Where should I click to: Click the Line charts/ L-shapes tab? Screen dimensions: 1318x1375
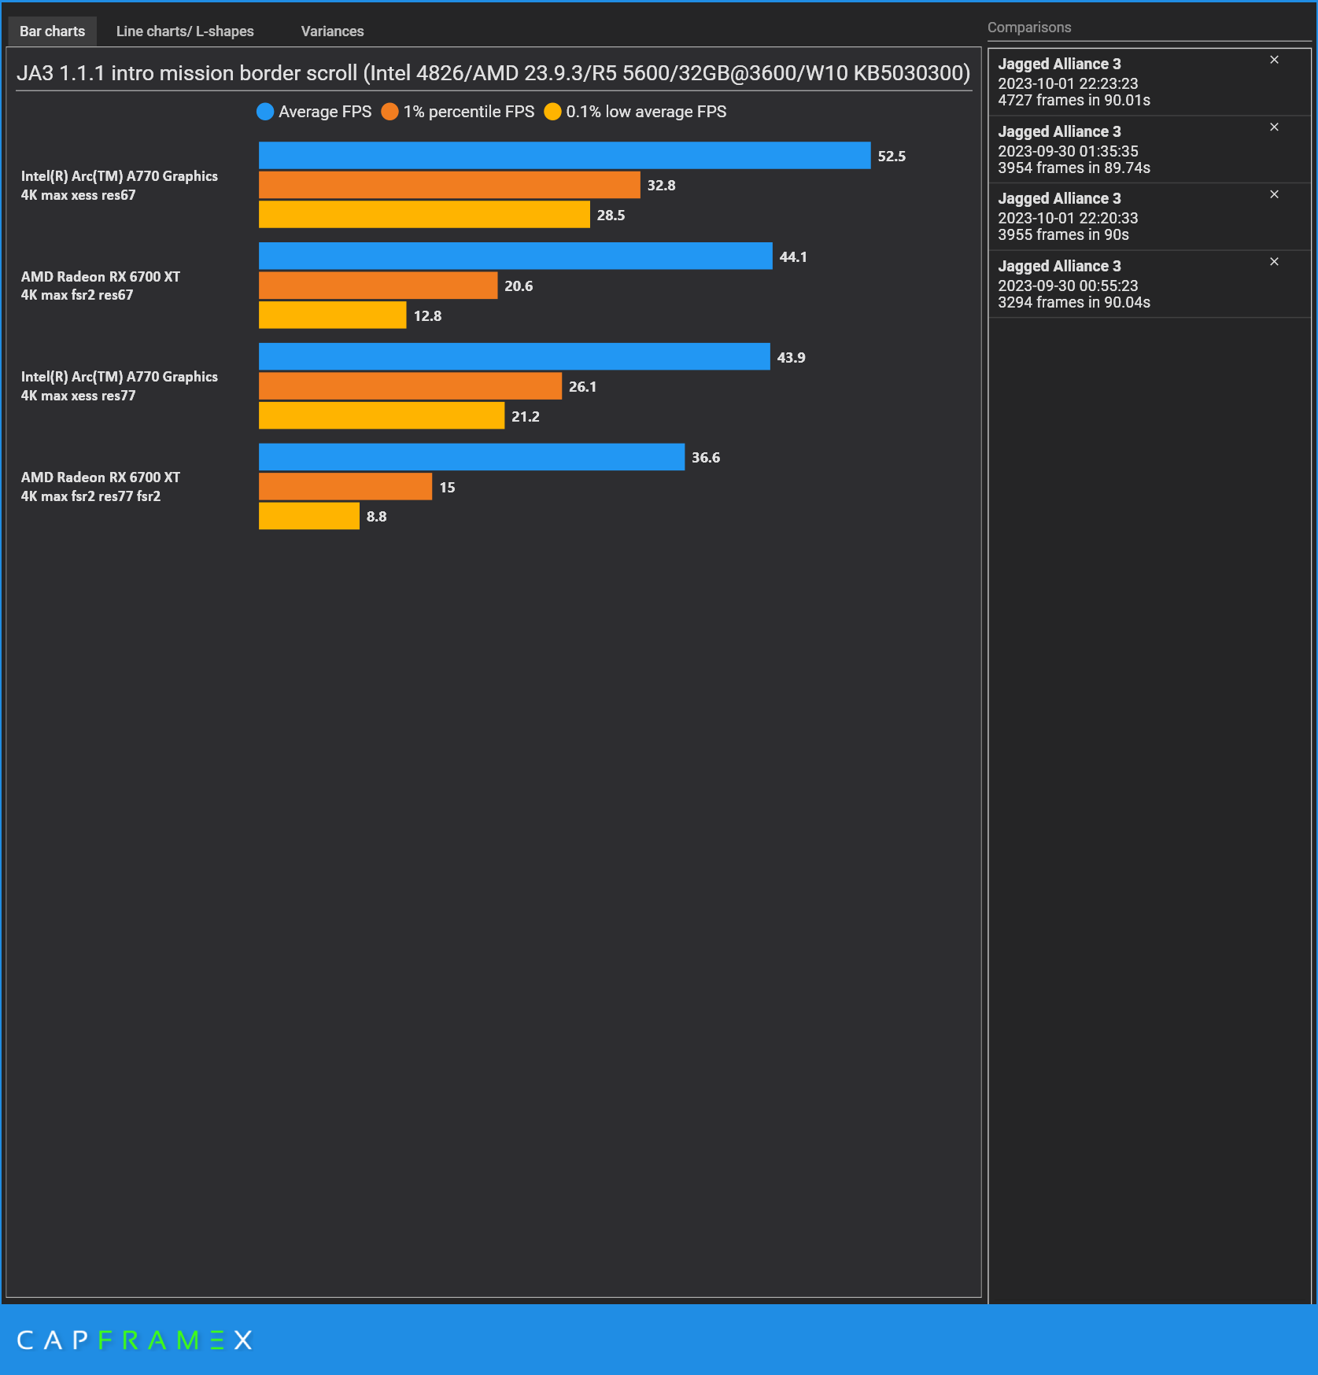coord(185,31)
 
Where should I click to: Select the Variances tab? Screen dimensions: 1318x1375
coord(332,31)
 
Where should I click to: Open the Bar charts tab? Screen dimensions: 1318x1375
coord(52,31)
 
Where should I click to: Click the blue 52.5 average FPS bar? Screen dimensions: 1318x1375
coord(564,156)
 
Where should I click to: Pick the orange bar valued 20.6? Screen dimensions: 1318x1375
coord(378,286)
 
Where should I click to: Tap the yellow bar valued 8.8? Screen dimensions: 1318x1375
coord(308,516)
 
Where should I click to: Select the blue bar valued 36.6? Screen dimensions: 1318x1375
coord(471,457)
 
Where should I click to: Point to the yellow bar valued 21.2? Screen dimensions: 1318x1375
coord(382,415)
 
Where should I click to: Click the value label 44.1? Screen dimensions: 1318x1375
coord(793,257)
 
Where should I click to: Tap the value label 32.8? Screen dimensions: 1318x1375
coord(661,186)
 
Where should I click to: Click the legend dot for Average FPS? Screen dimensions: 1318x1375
coord(265,112)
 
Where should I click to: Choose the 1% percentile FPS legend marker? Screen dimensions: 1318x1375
coord(389,112)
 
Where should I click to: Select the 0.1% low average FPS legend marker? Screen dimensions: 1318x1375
coord(552,112)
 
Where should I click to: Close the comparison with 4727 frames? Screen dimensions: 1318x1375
coord(1274,60)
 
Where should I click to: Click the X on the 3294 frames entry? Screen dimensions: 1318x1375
coord(1274,262)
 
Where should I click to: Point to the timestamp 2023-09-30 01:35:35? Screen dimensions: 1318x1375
coord(1068,151)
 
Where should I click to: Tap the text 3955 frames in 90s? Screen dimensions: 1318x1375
coord(1063,234)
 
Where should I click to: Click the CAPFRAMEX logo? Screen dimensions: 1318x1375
coord(135,1340)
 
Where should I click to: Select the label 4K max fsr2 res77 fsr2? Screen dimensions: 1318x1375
coord(90,496)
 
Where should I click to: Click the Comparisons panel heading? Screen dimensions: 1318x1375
coord(1029,28)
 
